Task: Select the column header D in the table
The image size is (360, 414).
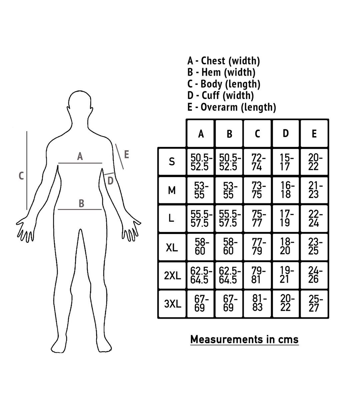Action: click(x=286, y=133)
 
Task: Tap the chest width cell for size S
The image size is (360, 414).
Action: click(x=201, y=162)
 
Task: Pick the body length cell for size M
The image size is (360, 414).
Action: click(x=258, y=190)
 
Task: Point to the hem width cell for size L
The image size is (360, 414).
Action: click(x=230, y=219)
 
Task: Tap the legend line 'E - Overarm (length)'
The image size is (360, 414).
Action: click(x=232, y=107)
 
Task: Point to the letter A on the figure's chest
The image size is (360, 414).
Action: click(x=80, y=156)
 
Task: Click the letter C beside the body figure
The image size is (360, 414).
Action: click(x=21, y=176)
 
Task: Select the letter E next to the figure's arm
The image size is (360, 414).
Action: click(x=126, y=154)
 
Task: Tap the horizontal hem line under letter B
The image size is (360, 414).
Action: click(x=80, y=209)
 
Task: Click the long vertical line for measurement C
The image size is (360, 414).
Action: click(x=27, y=170)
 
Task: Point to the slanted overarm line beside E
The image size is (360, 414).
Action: click(x=119, y=156)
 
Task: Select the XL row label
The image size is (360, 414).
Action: click(x=172, y=247)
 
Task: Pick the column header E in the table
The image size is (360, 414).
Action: click(x=314, y=134)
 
